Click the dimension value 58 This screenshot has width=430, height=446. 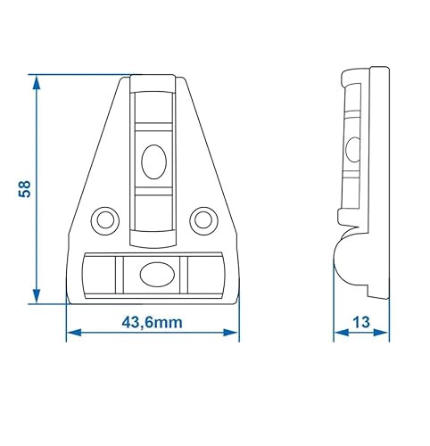(25, 189)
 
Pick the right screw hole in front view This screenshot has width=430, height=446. (203, 218)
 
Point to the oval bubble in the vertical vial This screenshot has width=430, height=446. (153, 161)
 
